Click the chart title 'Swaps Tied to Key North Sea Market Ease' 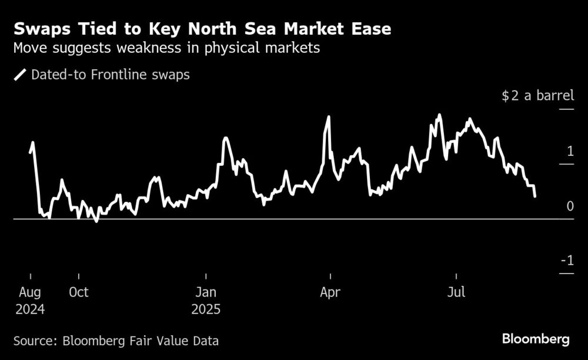[203, 28]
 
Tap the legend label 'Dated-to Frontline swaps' [110, 75]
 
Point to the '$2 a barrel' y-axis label [537, 96]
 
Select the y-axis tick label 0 [570, 206]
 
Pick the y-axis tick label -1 [567, 261]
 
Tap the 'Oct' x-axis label [78, 292]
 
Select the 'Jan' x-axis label [206, 292]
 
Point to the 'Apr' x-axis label [330, 292]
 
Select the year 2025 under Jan [206, 309]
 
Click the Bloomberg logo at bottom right [536, 339]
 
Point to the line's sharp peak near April [328, 117]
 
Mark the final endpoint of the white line [534, 196]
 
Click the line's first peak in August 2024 [32, 142]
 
